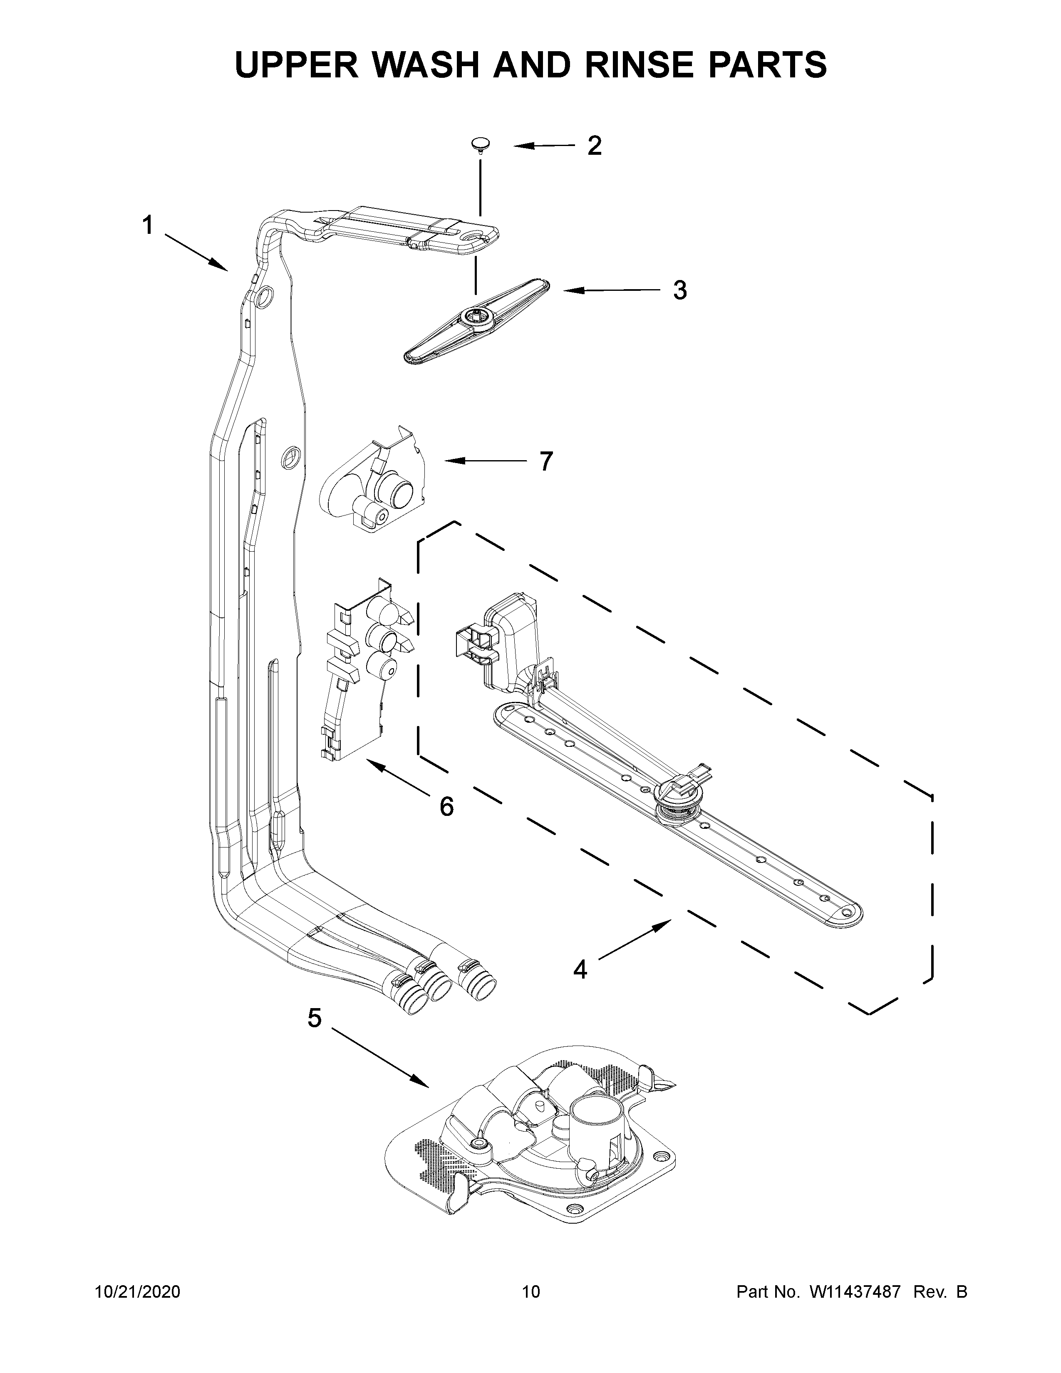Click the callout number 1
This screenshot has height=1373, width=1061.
point(148,225)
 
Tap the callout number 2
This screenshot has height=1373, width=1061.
point(594,146)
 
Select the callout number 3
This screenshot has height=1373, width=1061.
point(679,290)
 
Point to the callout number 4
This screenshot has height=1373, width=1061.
point(580,969)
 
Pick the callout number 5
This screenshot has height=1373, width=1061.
point(314,1018)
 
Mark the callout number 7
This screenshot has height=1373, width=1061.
point(545,461)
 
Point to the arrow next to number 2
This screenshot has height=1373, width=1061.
point(544,146)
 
